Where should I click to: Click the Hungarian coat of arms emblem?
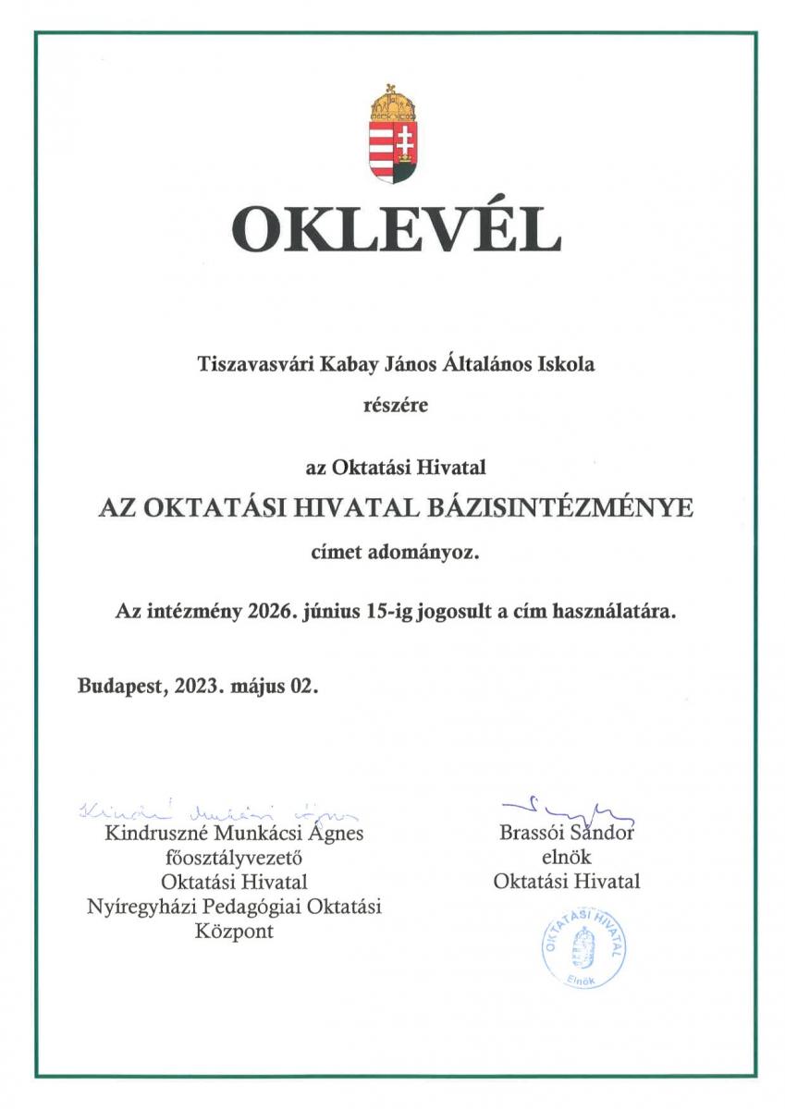click(395, 136)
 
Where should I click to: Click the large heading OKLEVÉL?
click(396, 230)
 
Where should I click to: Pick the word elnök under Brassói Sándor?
click(566, 858)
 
